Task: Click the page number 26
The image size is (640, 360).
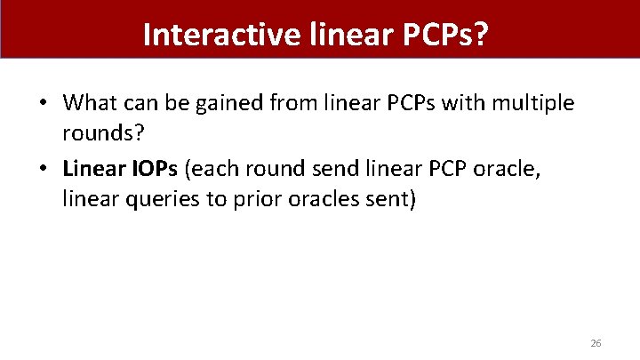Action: [596, 342]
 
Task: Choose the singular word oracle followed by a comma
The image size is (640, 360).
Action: [500, 169]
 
